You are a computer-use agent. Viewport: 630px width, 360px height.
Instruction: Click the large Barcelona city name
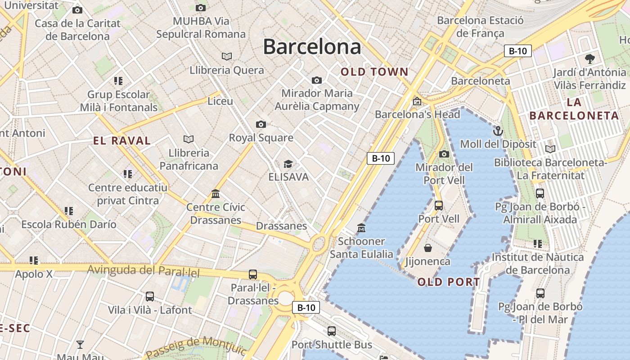312,47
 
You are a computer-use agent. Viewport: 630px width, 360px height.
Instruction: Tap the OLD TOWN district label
374,72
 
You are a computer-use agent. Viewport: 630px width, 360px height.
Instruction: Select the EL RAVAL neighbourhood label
122,141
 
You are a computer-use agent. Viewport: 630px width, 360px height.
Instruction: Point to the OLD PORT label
449,282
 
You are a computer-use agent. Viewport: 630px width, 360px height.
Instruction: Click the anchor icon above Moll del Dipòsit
498,131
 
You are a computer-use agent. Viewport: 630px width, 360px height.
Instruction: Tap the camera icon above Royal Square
261,124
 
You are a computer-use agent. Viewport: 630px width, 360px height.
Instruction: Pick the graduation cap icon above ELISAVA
288,164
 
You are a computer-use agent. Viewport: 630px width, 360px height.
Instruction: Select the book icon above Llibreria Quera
227,56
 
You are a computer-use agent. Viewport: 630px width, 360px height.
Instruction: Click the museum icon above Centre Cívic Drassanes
216,194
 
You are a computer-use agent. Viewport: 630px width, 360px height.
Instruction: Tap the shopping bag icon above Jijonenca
428,248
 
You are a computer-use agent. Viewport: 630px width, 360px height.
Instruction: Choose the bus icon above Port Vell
439,206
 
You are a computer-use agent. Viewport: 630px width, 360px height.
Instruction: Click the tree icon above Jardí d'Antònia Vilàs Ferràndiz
589,58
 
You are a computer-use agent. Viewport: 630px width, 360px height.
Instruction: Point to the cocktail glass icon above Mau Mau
80,345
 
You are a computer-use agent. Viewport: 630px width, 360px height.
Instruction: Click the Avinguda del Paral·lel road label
143,271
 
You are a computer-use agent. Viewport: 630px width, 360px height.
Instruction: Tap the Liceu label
220,101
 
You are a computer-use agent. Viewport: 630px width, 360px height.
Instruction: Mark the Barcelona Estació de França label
480,27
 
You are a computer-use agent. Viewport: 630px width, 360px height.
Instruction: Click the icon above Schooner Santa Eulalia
361,228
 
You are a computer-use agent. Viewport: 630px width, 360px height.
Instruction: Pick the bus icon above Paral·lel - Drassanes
253,274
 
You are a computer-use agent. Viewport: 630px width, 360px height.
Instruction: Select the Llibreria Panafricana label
189,159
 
